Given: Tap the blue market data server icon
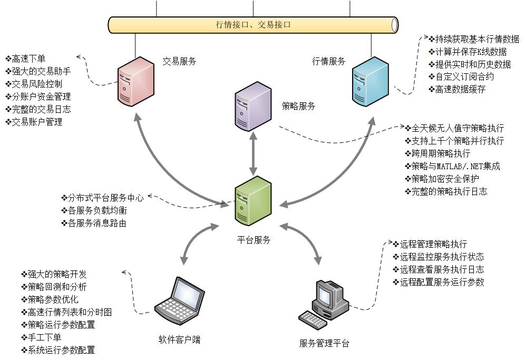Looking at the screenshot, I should click(370, 82).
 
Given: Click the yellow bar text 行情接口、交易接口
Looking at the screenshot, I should click(253, 24).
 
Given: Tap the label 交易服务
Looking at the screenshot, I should click(179, 61).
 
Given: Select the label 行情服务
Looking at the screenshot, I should click(329, 61).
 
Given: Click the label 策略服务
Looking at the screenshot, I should click(299, 106).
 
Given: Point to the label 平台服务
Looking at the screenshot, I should click(254, 240).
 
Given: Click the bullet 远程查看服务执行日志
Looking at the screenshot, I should click(438, 269).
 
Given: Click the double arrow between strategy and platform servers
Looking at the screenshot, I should click(253, 153).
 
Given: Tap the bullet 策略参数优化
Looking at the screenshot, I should click(50, 299).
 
